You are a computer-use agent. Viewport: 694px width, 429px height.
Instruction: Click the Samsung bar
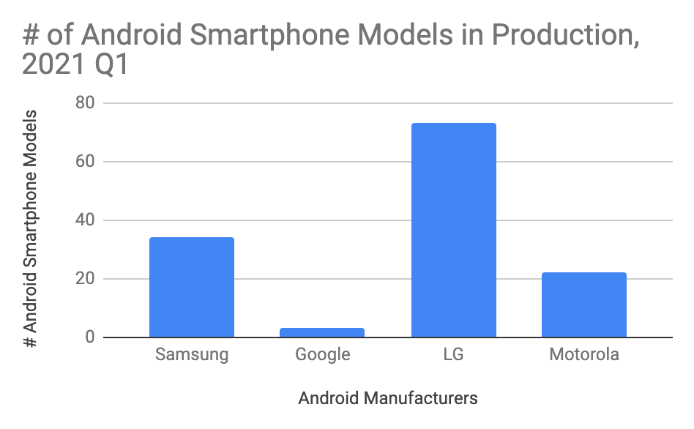point(192,287)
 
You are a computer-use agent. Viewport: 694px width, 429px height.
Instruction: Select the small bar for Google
point(322,333)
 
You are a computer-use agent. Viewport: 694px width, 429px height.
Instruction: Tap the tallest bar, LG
point(454,230)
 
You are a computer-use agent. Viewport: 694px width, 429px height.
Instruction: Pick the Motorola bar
point(584,305)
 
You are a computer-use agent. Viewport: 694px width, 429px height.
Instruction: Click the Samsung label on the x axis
point(192,355)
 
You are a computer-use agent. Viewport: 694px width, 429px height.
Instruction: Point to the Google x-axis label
point(323,356)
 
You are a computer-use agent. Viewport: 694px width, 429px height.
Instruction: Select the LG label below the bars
point(454,355)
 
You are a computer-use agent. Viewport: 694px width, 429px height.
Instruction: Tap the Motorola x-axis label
point(584,355)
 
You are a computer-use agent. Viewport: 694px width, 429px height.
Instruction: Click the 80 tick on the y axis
point(86,103)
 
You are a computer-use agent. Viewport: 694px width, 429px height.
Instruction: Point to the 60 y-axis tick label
point(86,162)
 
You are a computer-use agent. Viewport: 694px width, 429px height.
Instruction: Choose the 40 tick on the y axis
point(86,220)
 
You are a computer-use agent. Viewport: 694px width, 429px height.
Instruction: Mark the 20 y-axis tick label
point(86,279)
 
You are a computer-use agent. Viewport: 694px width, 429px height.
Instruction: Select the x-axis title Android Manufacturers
point(388,398)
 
